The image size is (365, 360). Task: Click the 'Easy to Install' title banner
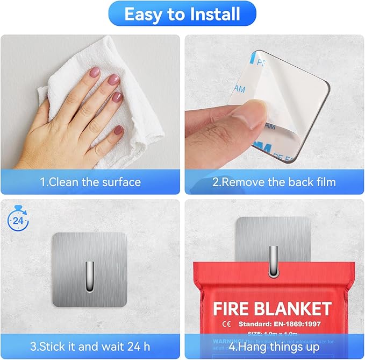click(182, 14)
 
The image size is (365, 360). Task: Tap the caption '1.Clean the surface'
click(90, 182)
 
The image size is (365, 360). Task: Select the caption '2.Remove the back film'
click(274, 182)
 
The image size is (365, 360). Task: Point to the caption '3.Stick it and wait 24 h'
click(90, 345)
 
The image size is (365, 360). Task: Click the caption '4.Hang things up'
click(274, 345)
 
